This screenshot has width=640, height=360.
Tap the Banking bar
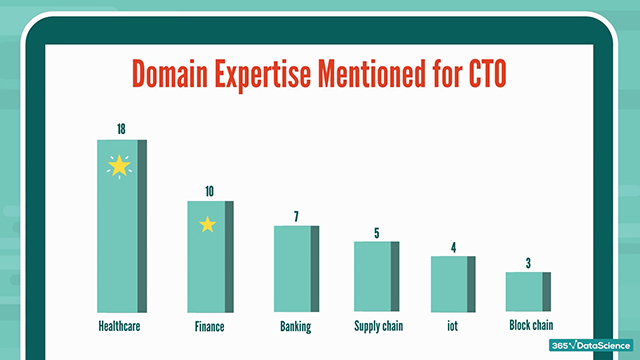coord(296,268)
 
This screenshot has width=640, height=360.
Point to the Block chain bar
coord(527,292)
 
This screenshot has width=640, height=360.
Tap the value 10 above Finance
coord(208,189)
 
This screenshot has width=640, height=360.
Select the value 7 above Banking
coord(296,214)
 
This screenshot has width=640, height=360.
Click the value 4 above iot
coord(452,246)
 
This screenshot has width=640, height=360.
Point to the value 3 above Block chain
coord(527,262)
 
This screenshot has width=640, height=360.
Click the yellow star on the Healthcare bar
coord(119,166)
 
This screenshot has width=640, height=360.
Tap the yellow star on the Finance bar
coord(207,224)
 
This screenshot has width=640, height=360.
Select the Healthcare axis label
coord(118,327)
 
